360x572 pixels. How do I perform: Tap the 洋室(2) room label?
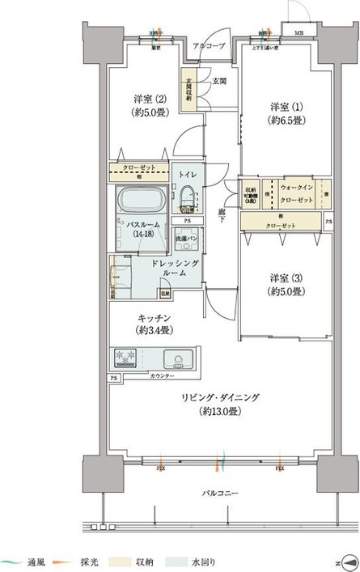[x=150, y=106]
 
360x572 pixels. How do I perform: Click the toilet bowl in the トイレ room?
[x=186, y=197]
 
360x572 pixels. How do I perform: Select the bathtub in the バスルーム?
[x=142, y=200]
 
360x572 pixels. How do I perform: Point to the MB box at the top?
[x=299, y=33]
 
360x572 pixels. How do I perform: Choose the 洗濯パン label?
[x=188, y=240]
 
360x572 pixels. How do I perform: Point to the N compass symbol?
[x=349, y=560]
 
